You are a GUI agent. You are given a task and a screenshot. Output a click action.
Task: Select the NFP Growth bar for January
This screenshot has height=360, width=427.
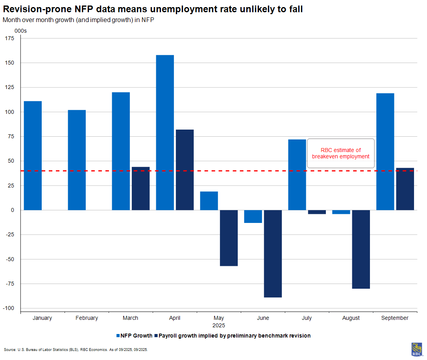(33, 156)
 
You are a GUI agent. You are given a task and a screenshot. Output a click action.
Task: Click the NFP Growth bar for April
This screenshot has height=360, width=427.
(165, 132)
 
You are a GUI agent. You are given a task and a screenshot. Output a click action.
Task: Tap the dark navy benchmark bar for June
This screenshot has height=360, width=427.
(273, 254)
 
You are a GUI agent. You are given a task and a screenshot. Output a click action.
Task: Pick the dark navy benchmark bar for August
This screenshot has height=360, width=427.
(361, 249)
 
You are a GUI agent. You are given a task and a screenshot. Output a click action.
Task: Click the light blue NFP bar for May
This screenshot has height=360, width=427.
(209, 201)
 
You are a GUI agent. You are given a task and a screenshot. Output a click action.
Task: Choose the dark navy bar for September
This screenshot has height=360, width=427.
(405, 189)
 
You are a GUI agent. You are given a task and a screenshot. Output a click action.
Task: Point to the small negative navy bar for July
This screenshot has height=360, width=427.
(317, 212)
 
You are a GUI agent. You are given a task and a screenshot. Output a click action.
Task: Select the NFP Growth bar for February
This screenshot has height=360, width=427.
(77, 160)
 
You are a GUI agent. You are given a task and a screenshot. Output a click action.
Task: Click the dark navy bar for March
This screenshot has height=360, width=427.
(140, 189)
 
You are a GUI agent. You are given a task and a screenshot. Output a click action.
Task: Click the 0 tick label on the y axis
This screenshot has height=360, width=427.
(13, 210)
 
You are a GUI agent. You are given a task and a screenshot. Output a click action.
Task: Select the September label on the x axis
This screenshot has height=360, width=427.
(395, 318)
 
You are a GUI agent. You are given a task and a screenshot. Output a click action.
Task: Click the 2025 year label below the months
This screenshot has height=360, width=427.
(218, 326)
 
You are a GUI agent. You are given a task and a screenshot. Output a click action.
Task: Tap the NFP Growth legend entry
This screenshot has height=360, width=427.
(134, 336)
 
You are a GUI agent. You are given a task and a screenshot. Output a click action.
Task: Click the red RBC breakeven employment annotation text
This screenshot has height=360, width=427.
(340, 153)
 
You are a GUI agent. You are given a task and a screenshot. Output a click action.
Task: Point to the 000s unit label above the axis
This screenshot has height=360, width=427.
(20, 30)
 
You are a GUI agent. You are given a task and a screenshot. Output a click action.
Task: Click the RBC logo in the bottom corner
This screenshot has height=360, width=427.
(417, 349)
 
